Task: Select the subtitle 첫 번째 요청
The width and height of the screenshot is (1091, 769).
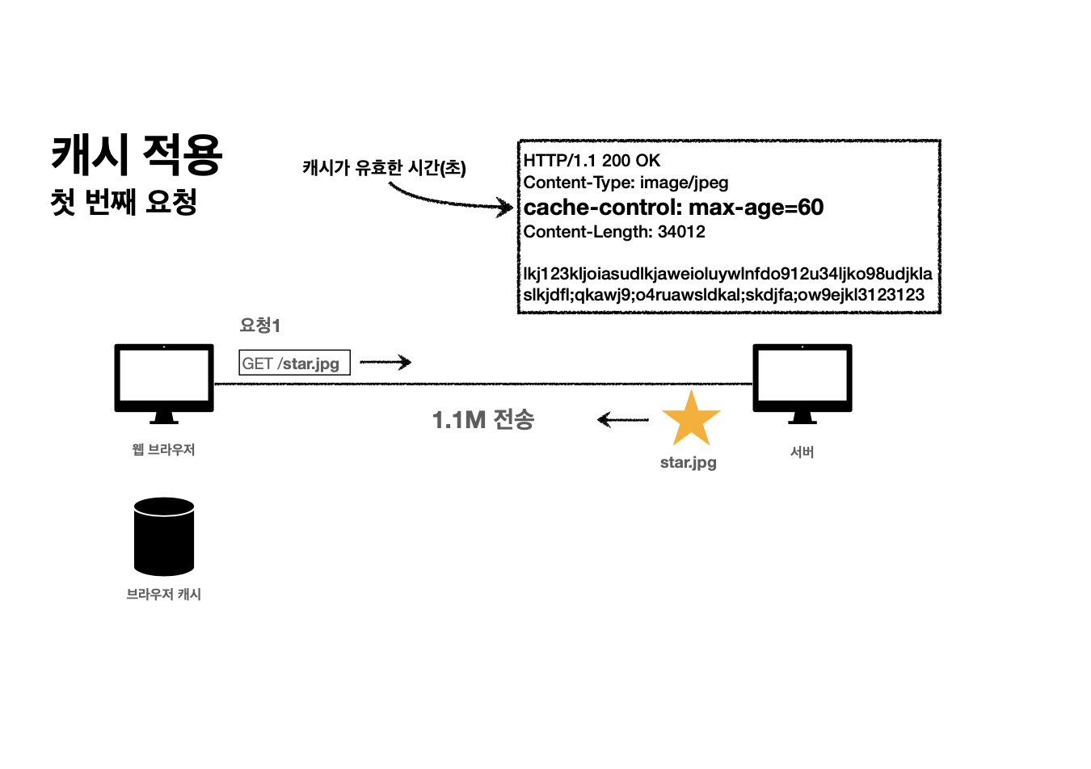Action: [124, 202]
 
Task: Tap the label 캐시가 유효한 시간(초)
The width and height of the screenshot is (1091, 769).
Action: [384, 167]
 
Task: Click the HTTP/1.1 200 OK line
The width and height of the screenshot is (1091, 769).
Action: [592, 161]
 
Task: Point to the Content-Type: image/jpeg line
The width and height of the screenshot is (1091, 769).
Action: [626, 183]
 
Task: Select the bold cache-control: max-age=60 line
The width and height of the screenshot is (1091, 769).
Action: [673, 208]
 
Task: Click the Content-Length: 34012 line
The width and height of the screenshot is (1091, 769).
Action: [614, 232]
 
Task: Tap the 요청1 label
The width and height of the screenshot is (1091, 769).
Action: [259, 326]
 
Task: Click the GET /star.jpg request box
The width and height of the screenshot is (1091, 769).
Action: [294, 363]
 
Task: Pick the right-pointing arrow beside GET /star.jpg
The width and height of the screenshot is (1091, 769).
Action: [385, 362]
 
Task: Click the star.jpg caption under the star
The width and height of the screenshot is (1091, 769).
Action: [689, 462]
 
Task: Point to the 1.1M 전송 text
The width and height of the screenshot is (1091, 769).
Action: [483, 419]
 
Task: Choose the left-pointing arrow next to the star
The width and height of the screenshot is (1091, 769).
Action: [622, 419]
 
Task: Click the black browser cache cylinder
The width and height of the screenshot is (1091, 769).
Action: [164, 536]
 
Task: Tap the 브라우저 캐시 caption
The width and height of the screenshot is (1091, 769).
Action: [163, 594]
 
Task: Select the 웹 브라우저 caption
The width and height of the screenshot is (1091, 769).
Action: [163, 449]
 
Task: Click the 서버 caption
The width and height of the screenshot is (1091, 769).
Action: [802, 452]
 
